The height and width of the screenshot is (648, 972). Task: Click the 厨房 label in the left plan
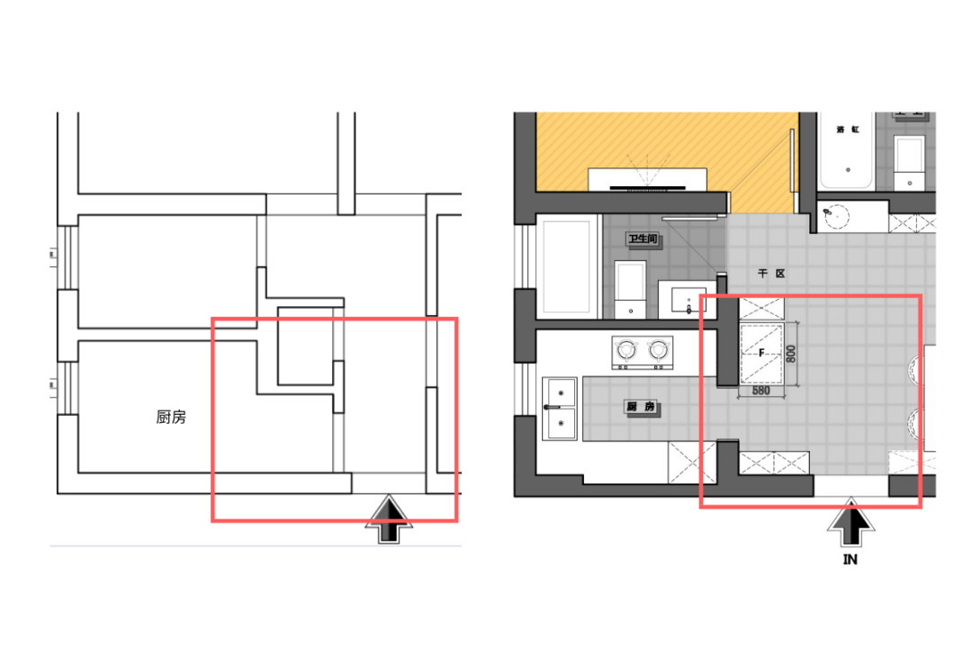tap(171, 417)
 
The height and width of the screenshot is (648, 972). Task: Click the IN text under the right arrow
tap(850, 560)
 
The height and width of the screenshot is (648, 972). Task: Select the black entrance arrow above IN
tap(850, 525)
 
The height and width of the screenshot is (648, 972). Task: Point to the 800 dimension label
tap(791, 353)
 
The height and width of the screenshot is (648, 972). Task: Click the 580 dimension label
tap(762, 391)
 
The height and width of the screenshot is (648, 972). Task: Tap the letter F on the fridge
tap(761, 354)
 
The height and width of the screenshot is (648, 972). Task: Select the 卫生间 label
tap(641, 239)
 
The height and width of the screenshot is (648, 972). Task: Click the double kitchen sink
tap(560, 409)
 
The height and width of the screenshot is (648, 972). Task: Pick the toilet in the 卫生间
tap(630, 288)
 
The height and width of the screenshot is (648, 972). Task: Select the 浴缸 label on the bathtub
tap(847, 130)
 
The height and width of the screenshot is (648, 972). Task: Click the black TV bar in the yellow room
tap(647, 188)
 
